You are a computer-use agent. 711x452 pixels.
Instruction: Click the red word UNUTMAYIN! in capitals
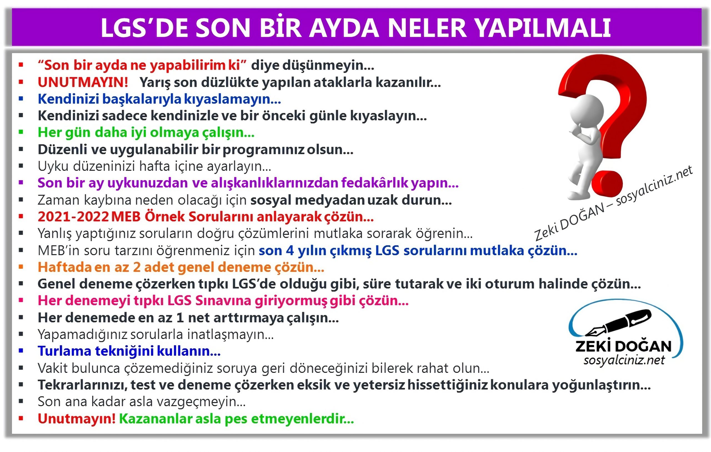(83, 82)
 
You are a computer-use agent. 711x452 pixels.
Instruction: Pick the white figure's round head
(586, 111)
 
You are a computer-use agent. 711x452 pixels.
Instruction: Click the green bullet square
(21, 132)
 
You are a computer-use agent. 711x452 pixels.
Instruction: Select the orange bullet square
(21, 267)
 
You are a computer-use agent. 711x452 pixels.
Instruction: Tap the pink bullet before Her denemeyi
(21, 300)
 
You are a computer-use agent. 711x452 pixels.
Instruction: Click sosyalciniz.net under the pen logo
(624, 360)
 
